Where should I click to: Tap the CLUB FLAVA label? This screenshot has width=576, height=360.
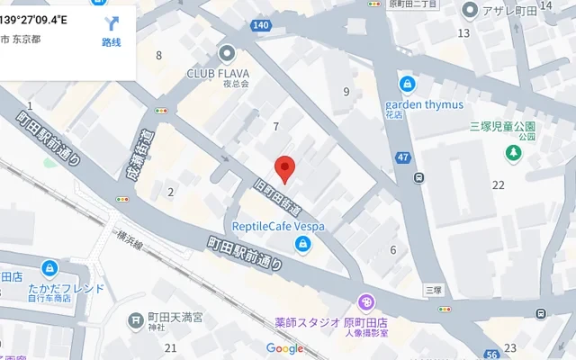pos(219,74)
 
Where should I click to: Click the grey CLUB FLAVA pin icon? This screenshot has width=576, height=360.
pos(226,53)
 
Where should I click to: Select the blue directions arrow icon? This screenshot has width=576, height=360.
pos(112,24)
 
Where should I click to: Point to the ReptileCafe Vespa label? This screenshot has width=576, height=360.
pos(278,226)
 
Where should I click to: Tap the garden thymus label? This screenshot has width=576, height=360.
pos(430,103)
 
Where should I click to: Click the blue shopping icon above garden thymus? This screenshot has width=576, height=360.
pos(408,85)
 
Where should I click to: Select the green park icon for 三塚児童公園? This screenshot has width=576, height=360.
pos(513,154)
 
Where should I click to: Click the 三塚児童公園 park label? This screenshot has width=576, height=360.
pos(502,127)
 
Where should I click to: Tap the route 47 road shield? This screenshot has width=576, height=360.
pos(402,158)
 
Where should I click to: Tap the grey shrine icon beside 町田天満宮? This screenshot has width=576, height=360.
pos(136,319)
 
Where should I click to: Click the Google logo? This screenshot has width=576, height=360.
pos(284,349)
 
